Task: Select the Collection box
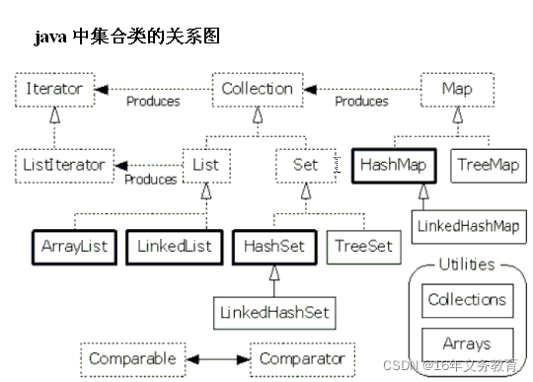[257, 88]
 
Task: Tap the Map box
[457, 88]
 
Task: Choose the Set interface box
[306, 165]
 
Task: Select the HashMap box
[393, 165]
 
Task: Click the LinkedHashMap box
[468, 226]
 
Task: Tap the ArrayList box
[74, 246]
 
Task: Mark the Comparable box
[131, 358]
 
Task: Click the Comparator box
[301, 358]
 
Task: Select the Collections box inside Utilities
[466, 300]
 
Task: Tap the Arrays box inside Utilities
[466, 344]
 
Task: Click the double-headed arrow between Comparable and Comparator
[217, 358]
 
